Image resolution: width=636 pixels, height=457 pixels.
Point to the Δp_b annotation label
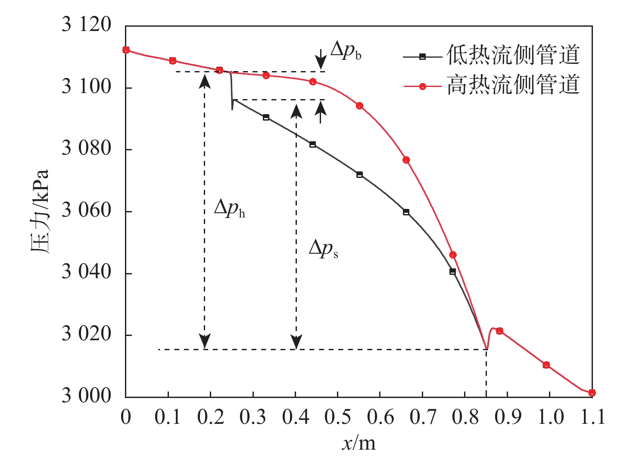tap(346, 51)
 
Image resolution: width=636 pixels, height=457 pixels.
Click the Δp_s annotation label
tap(323, 249)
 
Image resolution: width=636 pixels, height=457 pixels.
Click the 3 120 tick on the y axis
tap(86, 25)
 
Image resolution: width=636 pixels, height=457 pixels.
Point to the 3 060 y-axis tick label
tap(86, 211)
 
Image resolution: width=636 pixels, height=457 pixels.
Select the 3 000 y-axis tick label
tap(86, 396)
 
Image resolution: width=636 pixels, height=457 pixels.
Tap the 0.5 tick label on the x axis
tap(337, 417)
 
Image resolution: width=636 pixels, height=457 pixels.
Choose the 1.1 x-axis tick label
tap(592, 417)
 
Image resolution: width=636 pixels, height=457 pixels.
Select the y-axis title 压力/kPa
tap(40, 211)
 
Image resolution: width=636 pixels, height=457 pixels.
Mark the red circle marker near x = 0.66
tap(406, 160)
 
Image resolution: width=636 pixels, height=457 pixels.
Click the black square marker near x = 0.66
tap(406, 212)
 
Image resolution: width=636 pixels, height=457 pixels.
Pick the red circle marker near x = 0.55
tap(359, 106)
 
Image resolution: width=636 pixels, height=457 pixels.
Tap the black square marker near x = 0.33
tap(266, 117)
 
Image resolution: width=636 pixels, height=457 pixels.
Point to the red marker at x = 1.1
tap(592, 392)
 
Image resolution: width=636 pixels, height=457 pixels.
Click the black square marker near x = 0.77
tap(452, 271)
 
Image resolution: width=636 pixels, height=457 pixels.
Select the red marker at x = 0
tap(126, 50)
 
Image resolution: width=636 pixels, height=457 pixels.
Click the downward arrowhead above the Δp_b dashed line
tap(321, 65)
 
